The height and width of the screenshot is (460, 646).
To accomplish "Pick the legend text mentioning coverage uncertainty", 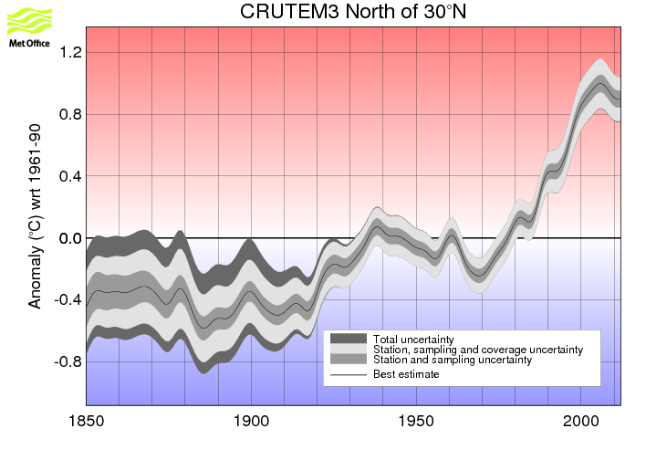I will coord(478,350).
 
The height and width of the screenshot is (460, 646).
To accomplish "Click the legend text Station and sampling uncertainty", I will coord(453,361).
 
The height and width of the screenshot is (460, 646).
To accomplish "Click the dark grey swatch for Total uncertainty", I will coord(348,340).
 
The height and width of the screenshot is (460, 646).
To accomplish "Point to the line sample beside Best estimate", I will coord(348,374).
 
